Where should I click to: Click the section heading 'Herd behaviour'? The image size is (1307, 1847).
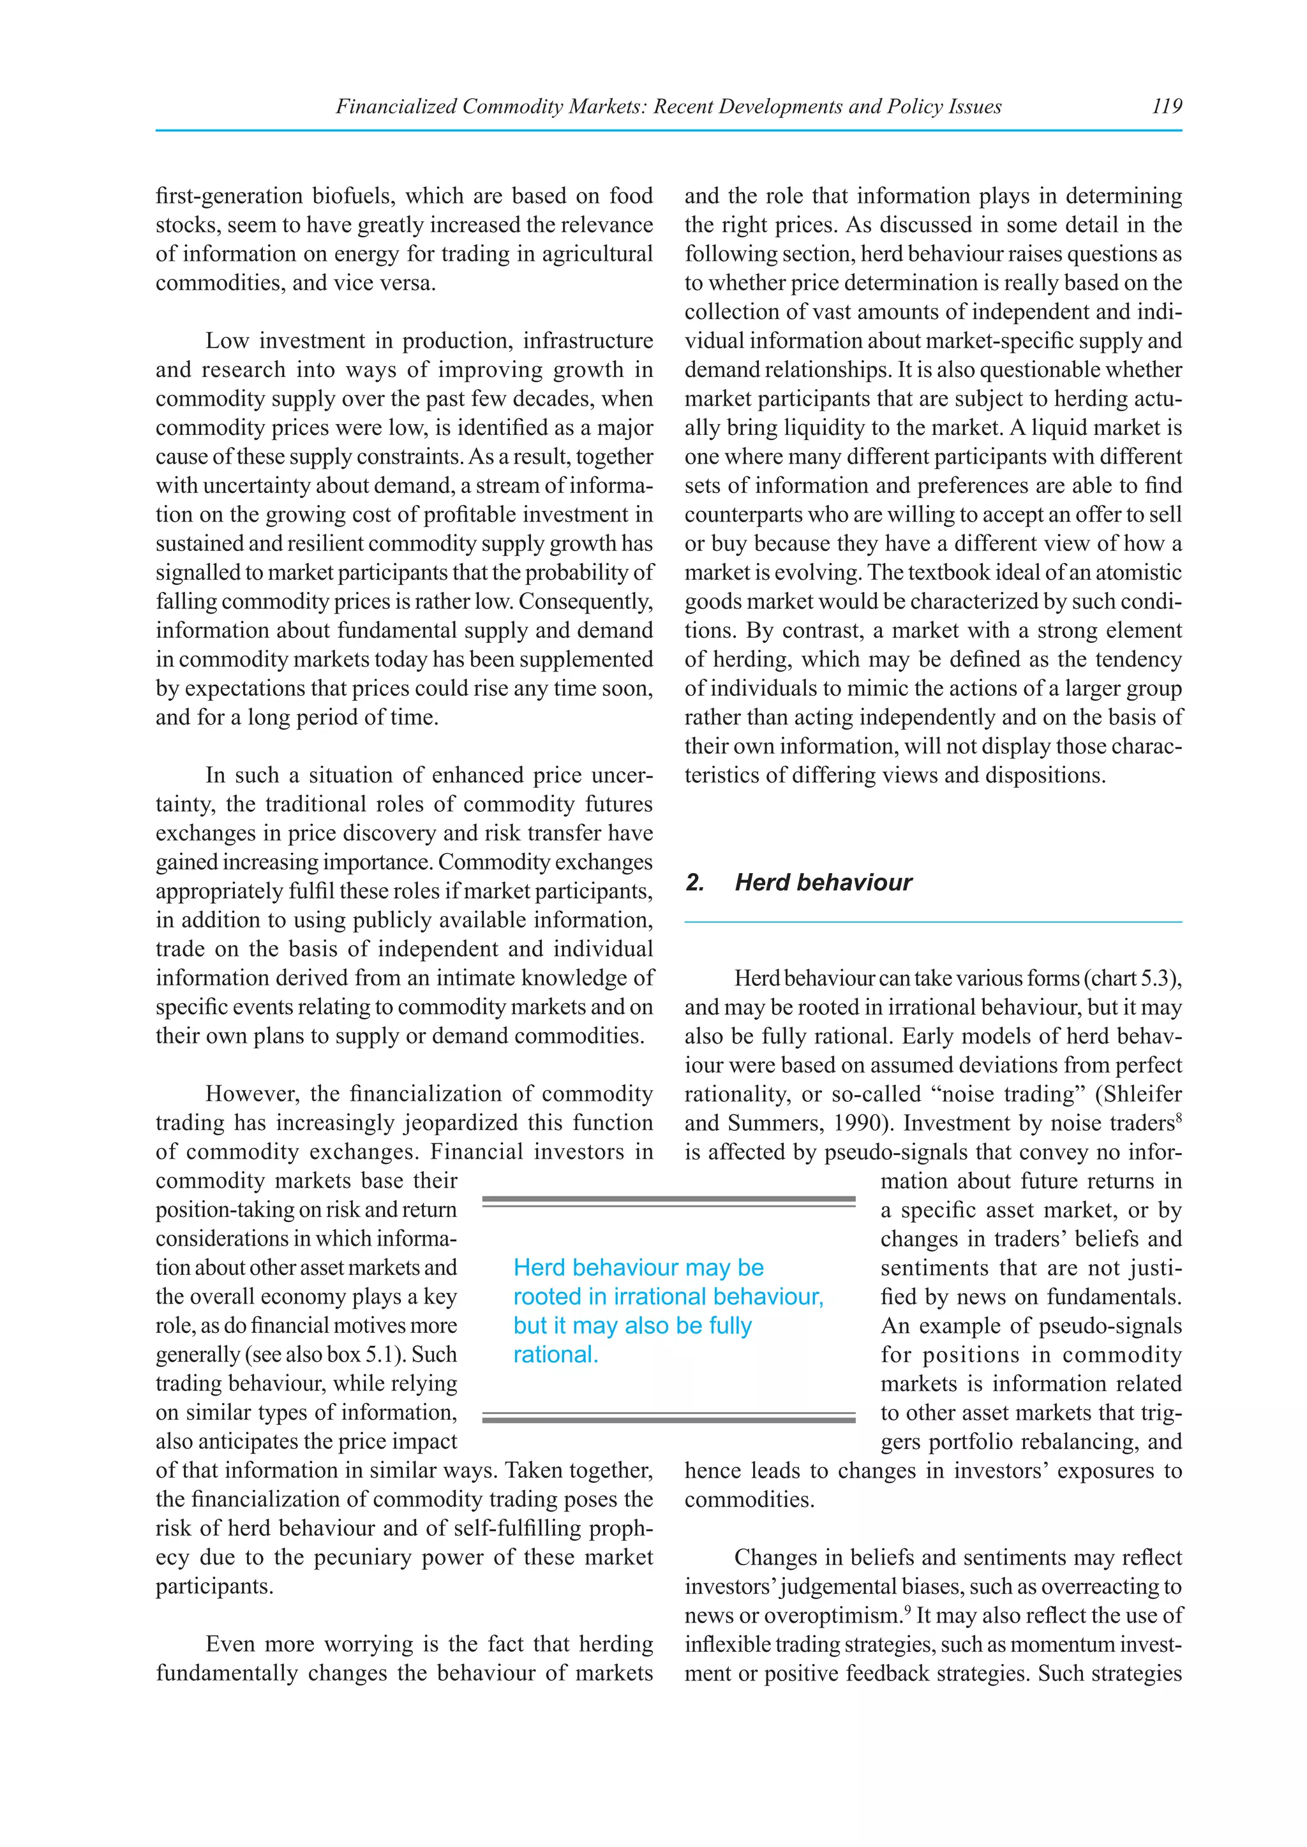[823, 883]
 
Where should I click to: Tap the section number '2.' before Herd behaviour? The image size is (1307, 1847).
[694, 883]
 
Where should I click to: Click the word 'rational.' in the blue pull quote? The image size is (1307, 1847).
[555, 1355]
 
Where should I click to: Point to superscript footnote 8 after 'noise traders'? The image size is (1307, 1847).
[1178, 1117]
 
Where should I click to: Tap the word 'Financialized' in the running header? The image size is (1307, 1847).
[395, 106]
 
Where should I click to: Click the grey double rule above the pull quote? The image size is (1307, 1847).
[668, 1201]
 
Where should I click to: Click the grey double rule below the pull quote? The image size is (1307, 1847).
[668, 1417]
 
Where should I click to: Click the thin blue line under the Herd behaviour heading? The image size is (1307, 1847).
[933, 922]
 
